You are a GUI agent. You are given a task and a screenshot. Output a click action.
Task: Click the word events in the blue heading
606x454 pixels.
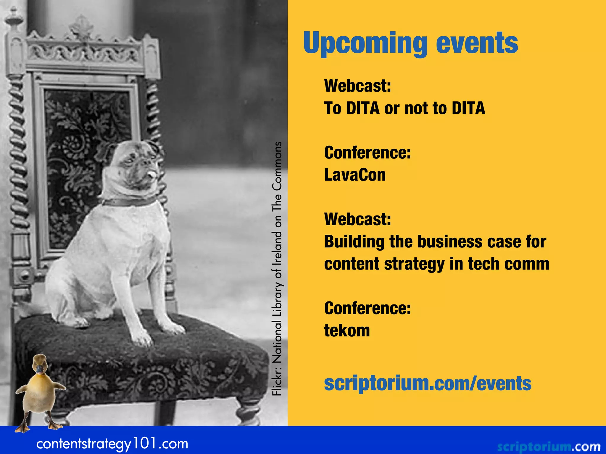click(x=477, y=43)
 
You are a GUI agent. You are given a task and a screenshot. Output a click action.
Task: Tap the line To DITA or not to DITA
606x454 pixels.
click(x=404, y=108)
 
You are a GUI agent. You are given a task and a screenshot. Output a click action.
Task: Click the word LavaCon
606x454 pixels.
click(x=355, y=175)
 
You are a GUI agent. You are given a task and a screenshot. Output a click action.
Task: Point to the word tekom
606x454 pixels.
click(x=347, y=330)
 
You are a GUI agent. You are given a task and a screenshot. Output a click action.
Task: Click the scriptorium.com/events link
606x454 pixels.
click(x=428, y=383)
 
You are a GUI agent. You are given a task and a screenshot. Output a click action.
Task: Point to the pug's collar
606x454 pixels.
click(x=130, y=202)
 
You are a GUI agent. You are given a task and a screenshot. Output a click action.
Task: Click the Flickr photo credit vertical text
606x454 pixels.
click(x=277, y=269)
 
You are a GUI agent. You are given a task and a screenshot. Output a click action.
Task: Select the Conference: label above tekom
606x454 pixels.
click(x=367, y=308)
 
